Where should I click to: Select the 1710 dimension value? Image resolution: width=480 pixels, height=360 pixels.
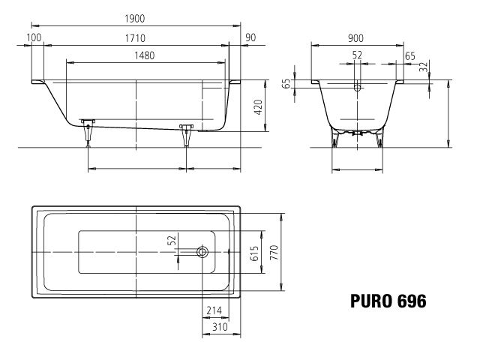136,37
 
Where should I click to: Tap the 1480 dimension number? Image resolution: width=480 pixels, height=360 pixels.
146,55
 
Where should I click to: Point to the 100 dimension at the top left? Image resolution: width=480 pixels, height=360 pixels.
34,37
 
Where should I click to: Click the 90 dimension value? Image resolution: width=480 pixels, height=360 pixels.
250,37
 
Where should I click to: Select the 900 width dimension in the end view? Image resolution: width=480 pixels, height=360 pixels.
357,37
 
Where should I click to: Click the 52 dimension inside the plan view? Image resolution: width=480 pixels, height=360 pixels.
172,241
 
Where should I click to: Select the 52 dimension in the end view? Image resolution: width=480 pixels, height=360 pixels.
357,55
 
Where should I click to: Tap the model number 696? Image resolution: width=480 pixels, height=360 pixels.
412,301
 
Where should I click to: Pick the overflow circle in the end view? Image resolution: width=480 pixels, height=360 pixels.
358,88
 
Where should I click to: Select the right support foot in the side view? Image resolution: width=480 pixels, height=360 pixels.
185,131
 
